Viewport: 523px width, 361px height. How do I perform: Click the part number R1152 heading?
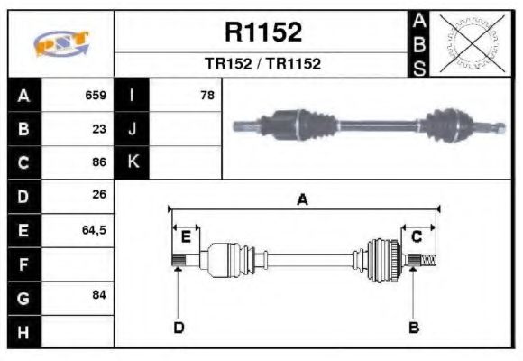(x=262, y=32)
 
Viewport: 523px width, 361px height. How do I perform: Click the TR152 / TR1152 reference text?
(x=262, y=64)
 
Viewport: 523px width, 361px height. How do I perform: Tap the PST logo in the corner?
(x=60, y=43)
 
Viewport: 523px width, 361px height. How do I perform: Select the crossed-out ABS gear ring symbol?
(x=470, y=43)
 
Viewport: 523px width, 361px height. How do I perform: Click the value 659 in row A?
(x=96, y=96)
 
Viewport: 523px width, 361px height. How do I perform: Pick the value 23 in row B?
(x=99, y=129)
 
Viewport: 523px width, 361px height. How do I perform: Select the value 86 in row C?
(x=99, y=162)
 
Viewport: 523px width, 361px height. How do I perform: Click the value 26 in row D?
(x=99, y=196)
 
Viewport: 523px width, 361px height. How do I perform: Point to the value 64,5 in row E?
(x=94, y=230)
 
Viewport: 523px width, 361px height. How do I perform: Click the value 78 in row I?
(x=206, y=96)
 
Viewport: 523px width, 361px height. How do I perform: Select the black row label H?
(x=23, y=332)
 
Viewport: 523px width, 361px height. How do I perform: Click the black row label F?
(x=23, y=264)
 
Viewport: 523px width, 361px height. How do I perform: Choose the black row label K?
(x=132, y=162)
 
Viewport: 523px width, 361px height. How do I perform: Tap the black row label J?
(x=132, y=129)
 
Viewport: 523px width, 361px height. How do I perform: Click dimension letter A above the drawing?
(x=303, y=200)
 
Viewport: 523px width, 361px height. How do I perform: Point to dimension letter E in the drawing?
(x=186, y=237)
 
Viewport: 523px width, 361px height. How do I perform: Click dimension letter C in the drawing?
(x=417, y=236)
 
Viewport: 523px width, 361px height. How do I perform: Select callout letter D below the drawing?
(x=179, y=327)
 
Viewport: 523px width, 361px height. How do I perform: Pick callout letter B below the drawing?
(x=414, y=327)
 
